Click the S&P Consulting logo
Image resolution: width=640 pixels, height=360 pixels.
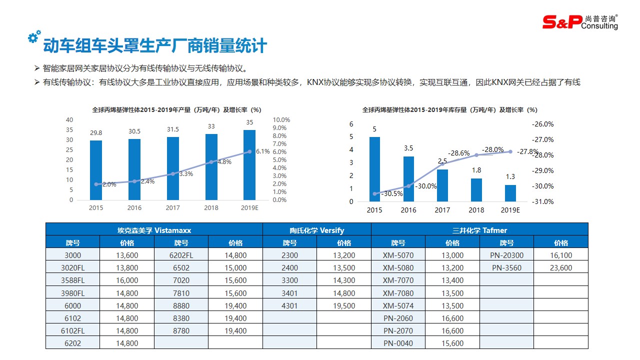point(580,21)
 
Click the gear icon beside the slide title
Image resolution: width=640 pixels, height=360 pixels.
point(34,37)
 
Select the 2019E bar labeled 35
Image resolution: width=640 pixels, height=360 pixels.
point(249,165)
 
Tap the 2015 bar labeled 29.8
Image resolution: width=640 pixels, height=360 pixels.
point(96,170)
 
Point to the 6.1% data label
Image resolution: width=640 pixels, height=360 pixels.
point(262,151)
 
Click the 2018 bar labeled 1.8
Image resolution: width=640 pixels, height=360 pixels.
point(476,190)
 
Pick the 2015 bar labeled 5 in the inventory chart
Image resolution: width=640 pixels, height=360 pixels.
point(374,169)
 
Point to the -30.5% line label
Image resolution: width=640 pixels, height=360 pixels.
point(391,194)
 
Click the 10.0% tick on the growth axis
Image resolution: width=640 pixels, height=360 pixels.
point(281,120)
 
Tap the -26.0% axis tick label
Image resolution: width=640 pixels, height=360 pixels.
point(543,124)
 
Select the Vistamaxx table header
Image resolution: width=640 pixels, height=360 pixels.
point(154,230)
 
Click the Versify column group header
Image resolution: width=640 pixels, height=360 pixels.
point(317,230)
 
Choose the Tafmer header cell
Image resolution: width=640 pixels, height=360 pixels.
point(479,230)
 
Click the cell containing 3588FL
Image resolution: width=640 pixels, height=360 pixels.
point(73,280)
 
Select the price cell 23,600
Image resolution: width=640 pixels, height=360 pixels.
point(561,268)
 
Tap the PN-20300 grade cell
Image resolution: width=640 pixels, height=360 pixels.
point(506,255)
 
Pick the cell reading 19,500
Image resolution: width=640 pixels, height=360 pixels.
point(344,306)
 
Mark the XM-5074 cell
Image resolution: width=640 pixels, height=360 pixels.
point(398,306)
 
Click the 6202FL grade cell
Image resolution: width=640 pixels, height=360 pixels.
point(181,255)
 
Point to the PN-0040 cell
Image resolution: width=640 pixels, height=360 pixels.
point(398,343)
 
